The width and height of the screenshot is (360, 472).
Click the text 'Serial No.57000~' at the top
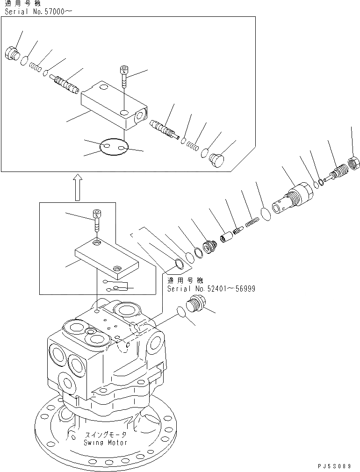click(31, 11)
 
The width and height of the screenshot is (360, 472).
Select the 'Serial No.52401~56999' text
click(211, 289)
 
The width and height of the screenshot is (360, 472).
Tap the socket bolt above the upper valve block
click(124, 77)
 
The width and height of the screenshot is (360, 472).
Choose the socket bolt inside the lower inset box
click(97, 220)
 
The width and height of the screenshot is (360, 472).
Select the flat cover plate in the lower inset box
click(106, 257)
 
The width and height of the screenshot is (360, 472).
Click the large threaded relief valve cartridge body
click(292, 198)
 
